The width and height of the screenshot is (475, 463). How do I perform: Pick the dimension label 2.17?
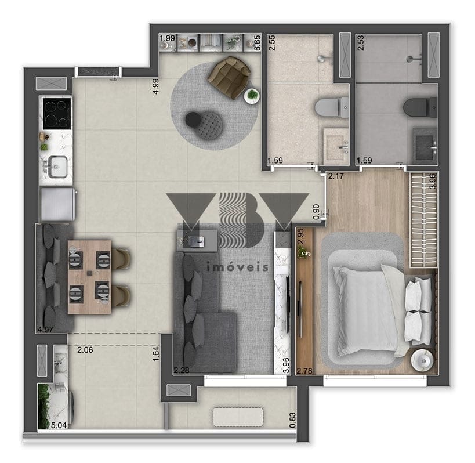[x=336, y=176]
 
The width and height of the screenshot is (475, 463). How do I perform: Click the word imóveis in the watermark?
[x=237, y=267]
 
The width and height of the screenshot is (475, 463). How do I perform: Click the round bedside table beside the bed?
[x=422, y=359]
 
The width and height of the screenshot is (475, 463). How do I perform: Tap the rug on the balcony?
[x=230, y=416]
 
